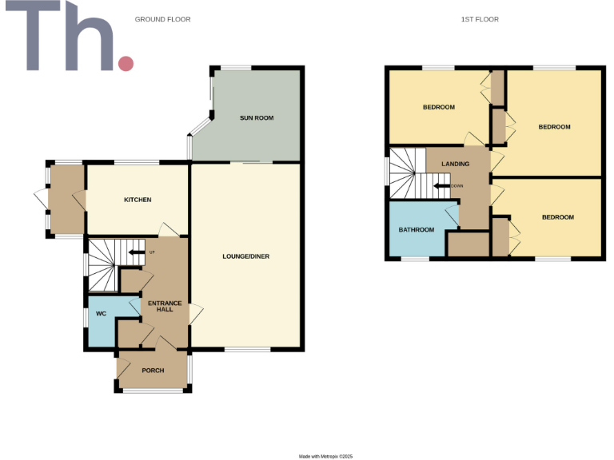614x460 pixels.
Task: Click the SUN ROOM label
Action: (257, 118)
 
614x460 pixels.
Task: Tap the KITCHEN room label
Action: (138, 200)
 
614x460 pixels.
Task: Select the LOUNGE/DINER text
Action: (245, 256)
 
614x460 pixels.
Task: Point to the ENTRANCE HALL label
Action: (164, 306)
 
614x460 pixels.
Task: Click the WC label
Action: (101, 314)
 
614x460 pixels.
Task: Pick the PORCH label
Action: (153, 371)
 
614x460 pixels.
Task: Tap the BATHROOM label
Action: (417, 230)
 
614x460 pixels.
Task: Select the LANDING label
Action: (456, 165)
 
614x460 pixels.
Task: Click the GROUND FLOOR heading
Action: (162, 19)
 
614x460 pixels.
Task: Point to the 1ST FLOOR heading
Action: (480, 19)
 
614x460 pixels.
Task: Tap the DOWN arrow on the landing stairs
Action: (443, 186)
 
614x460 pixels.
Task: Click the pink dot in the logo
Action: (126, 63)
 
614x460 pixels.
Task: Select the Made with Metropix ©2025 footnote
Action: (325, 456)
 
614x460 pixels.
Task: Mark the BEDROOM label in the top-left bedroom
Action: (439, 108)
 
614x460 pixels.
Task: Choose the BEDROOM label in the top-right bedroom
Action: (554, 127)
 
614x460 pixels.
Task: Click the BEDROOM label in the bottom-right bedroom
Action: (557, 217)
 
